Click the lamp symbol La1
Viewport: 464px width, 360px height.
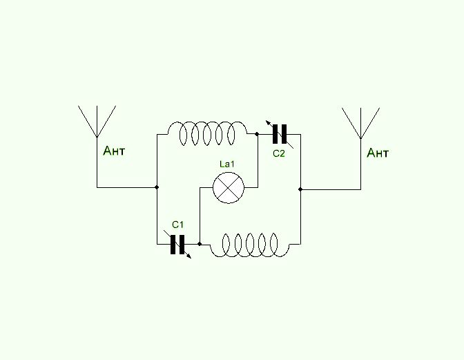228,187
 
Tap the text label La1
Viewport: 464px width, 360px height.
227,164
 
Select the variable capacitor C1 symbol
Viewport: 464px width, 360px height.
178,243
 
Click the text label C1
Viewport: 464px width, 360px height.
178,225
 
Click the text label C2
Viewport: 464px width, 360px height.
278,153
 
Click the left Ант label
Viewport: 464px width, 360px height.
114,151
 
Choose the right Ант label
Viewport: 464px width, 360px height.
378,153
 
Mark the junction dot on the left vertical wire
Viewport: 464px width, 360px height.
157,187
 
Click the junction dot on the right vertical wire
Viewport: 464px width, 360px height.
301,189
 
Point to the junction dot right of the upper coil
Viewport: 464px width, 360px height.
256,134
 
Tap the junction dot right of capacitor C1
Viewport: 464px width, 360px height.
199,244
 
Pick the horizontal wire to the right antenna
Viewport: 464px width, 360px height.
331,189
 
